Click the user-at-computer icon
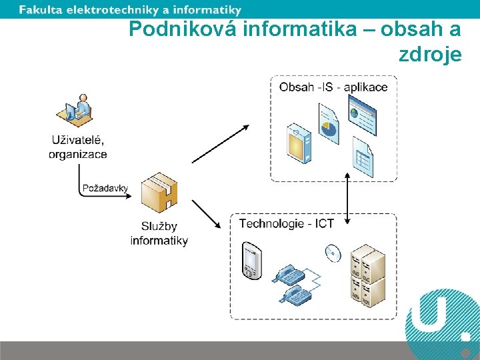[x=77, y=108]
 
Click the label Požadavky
[x=105, y=188]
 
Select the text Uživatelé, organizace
[x=78, y=147]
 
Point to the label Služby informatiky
[x=159, y=233]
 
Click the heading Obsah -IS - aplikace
[x=333, y=87]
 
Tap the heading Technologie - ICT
[x=287, y=223]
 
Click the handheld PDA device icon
[x=251, y=260]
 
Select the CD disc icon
[x=332, y=252]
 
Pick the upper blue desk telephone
[x=288, y=273]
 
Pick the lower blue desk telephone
[x=292, y=294]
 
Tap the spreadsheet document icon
[x=363, y=158]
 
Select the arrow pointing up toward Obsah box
[x=220, y=143]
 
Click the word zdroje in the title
[x=430, y=55]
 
